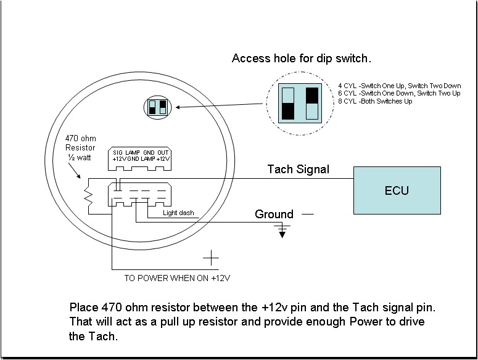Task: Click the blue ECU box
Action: (397, 190)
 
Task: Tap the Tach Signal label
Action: (298, 169)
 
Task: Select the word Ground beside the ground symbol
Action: (274, 215)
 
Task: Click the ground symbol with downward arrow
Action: (282, 231)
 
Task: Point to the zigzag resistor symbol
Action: (89, 196)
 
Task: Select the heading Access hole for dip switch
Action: (302, 59)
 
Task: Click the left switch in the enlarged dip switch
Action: (287, 102)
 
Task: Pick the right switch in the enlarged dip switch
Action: (311, 102)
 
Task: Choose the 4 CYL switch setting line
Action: (399, 86)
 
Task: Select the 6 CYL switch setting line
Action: (399, 93)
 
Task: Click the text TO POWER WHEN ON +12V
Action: (177, 278)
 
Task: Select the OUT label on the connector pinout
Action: (162, 152)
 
